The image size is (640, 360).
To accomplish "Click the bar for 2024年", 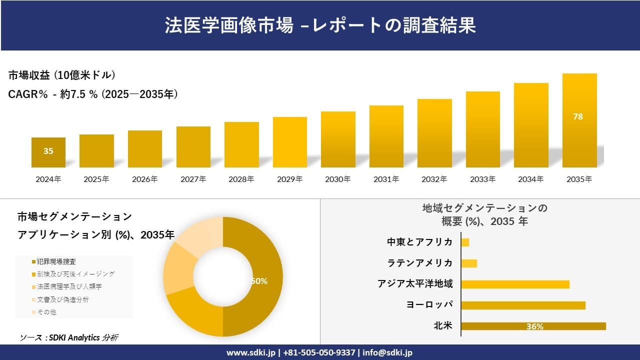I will [48, 152].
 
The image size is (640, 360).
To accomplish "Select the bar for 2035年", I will [579, 120].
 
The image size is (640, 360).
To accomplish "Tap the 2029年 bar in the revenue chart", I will [289, 142].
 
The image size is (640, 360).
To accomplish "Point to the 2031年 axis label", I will [386, 179].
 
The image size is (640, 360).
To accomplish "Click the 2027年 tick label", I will [193, 179].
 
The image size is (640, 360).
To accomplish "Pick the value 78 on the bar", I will [578, 116].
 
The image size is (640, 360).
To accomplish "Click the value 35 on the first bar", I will [48, 151].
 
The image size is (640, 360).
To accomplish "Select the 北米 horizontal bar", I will [533, 326].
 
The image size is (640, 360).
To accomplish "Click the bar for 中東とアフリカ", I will [465, 242].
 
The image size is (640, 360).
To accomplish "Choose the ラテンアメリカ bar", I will [469, 263].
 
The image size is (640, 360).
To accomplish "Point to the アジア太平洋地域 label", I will [415, 284].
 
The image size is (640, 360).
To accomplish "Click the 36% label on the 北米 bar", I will [534, 326].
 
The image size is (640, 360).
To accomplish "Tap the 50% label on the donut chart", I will [258, 281].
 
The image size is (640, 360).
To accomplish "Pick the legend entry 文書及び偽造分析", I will [62, 299].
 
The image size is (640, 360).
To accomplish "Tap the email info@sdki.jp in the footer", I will [387, 352].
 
